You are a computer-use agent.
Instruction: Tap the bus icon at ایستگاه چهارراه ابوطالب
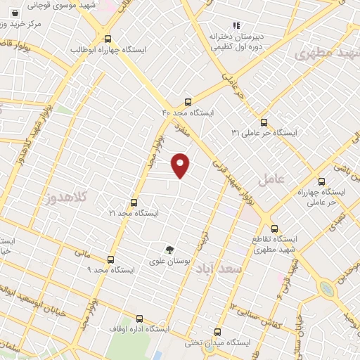pyautogui.click(x=108, y=39)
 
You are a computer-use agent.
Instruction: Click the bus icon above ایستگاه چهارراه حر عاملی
pyautogui.click(x=321, y=181)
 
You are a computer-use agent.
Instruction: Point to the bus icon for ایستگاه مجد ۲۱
pyautogui.click(x=134, y=202)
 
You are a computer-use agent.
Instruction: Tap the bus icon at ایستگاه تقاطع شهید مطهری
pyautogui.click(x=274, y=228)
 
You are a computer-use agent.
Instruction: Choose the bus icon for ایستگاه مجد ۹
pyautogui.click(x=110, y=259)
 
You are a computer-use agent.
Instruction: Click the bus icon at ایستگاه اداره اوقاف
pyautogui.click(x=139, y=319)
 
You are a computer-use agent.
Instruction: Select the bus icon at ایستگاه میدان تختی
pyautogui.click(x=217, y=332)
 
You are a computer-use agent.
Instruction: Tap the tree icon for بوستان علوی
pyautogui.click(x=169, y=249)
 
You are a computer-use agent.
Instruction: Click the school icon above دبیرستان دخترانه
pyautogui.click(x=237, y=25)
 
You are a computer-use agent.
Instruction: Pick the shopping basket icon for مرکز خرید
pyautogui.click(x=15, y=13)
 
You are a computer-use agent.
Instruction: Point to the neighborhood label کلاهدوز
pyautogui.click(x=70, y=198)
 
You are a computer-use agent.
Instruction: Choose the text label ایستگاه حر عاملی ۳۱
pyautogui.click(x=265, y=133)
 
